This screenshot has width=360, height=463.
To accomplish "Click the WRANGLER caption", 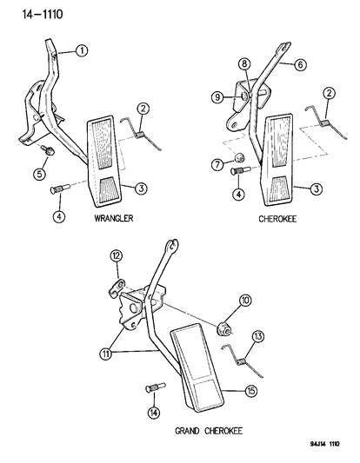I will pos(114,219).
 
